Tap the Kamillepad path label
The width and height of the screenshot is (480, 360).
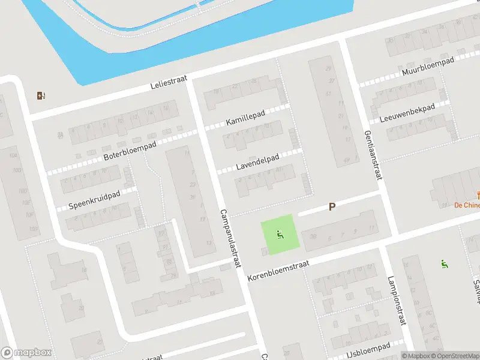tap(245, 119)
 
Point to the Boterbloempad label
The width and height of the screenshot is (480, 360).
tap(130, 150)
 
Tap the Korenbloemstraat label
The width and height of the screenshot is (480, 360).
tap(278, 271)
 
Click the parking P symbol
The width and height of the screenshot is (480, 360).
tap(331, 206)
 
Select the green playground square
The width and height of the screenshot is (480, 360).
tap(280, 234)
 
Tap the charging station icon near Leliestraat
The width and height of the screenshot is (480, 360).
tap(41, 95)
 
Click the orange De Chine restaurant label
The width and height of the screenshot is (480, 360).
tap(467, 205)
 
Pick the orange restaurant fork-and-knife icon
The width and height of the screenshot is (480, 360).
tap(478, 194)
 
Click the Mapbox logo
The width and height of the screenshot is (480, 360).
tap(26, 353)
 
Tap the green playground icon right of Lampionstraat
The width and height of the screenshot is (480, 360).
tap(445, 263)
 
